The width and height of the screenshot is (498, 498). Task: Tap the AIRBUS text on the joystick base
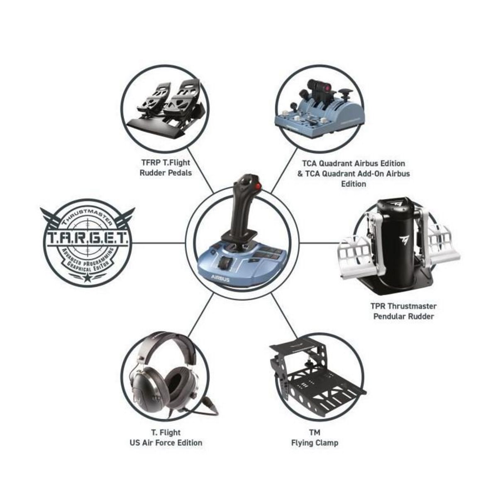[x=220, y=279]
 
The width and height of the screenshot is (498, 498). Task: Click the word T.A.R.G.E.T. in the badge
[x=88, y=239]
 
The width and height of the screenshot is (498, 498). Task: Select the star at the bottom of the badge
[x=88, y=278]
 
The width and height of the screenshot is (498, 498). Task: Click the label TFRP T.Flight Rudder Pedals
[x=166, y=168]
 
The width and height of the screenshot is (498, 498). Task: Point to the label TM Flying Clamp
[x=315, y=438]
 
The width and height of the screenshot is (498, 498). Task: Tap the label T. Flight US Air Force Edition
[x=166, y=438]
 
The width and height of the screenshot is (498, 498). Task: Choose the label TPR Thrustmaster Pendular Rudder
[x=403, y=311]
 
